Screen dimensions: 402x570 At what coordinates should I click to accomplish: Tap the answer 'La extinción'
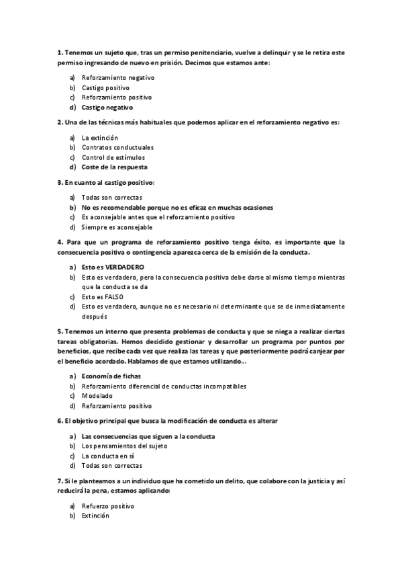[x=99, y=137]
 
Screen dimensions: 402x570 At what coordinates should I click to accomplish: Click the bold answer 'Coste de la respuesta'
[x=114, y=167]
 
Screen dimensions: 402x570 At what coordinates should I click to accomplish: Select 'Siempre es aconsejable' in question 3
[x=117, y=227]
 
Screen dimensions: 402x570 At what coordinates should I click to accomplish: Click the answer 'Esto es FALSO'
[x=102, y=296]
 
